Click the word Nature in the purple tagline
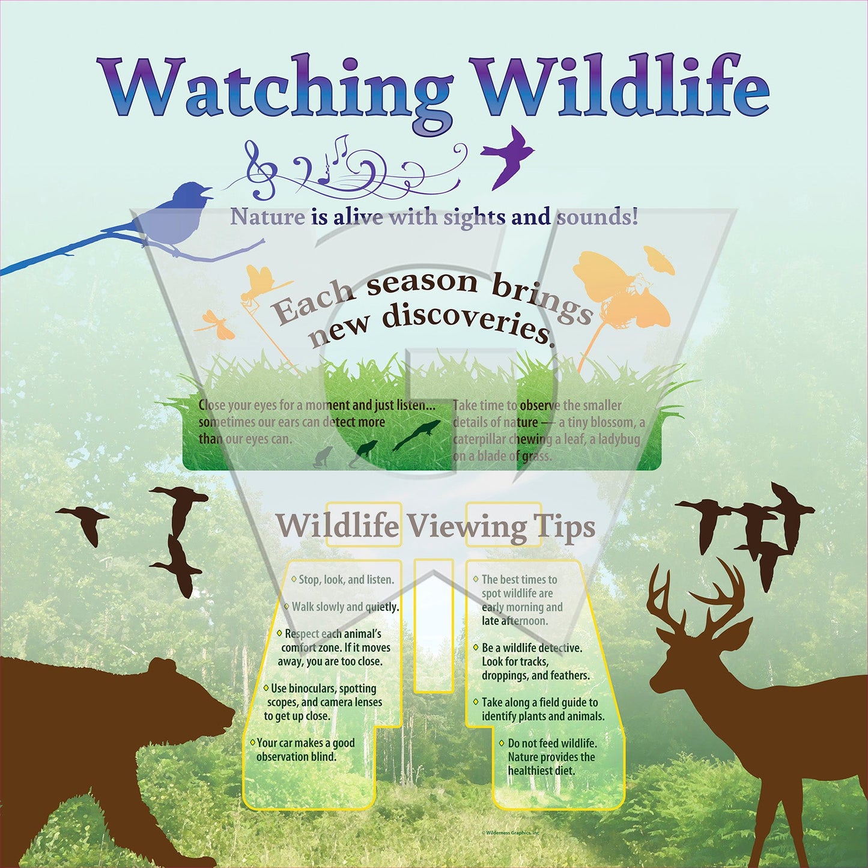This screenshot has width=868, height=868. [x=267, y=217]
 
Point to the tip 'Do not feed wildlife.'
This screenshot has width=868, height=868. [x=552, y=743]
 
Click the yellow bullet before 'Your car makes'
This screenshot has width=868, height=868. [x=253, y=742]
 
